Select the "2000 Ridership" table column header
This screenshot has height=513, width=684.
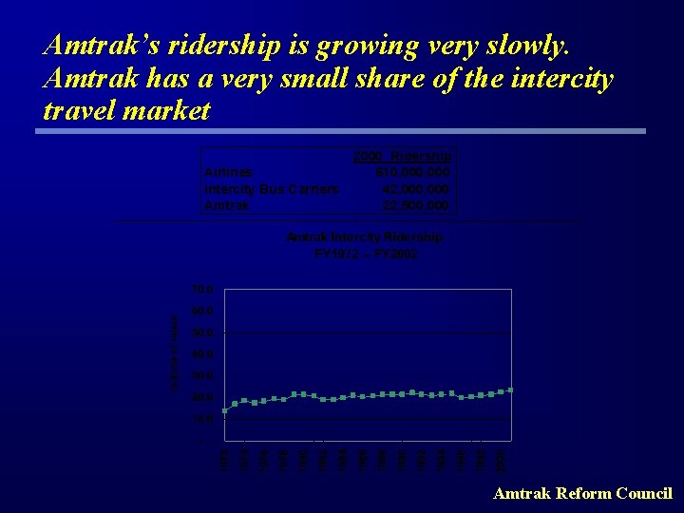coord(402,156)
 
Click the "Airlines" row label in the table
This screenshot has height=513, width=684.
coord(229,172)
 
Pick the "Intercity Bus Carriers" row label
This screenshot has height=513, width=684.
coord(272,188)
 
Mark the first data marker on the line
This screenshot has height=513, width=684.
coord(225,410)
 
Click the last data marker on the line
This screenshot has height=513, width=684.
coord(510,390)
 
